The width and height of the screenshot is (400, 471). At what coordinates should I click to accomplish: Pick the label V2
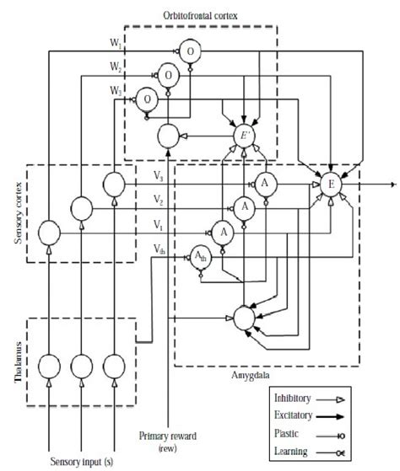pyautogui.click(x=159, y=200)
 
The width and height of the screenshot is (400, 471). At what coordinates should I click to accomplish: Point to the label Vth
pyautogui.click(x=159, y=246)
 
